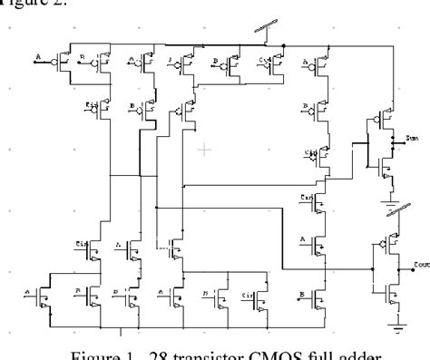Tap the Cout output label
coord(418,265)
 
